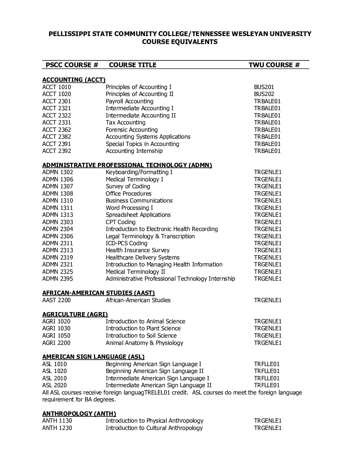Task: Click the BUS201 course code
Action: tap(264, 87)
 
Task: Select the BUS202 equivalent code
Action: tap(264, 94)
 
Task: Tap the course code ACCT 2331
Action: tap(57, 122)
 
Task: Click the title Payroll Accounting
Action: tap(129, 101)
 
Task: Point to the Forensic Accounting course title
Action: tap(131, 130)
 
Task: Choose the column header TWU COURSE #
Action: tap(274, 65)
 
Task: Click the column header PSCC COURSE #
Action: tap(72, 65)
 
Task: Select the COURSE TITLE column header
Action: tap(132, 65)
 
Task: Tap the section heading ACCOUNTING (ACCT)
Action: tap(74, 80)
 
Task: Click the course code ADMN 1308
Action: tap(58, 194)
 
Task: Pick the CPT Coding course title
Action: tap(120, 222)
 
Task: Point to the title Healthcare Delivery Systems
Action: tap(143, 257)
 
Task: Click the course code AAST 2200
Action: tap(57, 300)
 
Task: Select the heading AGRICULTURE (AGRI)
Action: tap(75, 314)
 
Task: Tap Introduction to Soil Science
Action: tap(141, 336)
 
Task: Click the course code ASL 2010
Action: tap(54, 378)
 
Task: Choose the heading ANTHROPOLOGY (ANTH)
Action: tap(79, 414)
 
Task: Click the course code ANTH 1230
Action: tap(57, 428)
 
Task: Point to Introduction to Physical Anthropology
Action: tap(155, 421)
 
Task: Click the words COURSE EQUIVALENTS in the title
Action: tap(180, 42)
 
